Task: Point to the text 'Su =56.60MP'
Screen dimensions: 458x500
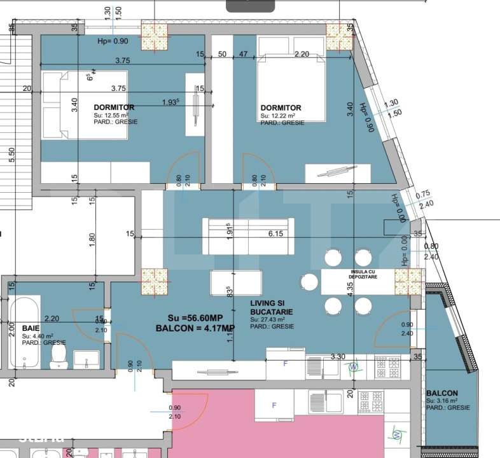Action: pos(195,317)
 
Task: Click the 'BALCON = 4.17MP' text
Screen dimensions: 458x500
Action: pos(195,328)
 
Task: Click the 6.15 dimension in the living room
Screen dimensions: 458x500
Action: pos(275,234)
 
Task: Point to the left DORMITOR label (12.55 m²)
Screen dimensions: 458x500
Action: pos(113,107)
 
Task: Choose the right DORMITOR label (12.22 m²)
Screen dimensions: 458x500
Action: pos(281,108)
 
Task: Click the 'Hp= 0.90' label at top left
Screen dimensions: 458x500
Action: pos(113,41)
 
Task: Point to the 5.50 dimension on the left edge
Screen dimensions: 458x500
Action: pos(11,155)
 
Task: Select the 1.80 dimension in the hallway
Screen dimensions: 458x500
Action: pos(92,239)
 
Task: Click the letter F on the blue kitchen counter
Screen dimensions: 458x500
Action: pos(284,363)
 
